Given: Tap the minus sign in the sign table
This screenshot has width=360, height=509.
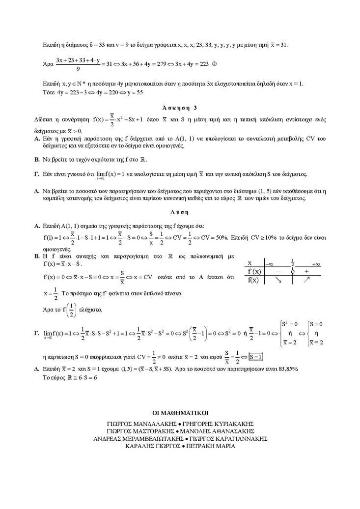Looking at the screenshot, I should click(x=277, y=271).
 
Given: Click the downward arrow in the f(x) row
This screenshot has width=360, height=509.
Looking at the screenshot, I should click(x=278, y=280).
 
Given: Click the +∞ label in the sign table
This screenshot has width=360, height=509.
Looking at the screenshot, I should click(x=316, y=263).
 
